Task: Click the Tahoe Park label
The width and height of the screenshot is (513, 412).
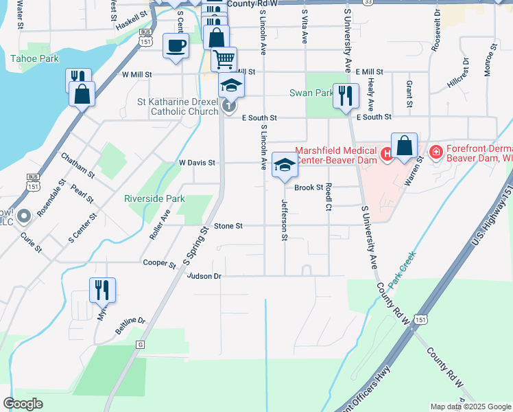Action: click(x=34, y=59)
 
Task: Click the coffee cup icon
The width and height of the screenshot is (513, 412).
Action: click(x=176, y=46)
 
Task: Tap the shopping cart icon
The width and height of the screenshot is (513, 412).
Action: click(x=224, y=59)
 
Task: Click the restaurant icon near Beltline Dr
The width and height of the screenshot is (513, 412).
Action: click(x=102, y=289)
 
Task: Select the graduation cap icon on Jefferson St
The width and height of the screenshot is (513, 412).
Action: click(x=285, y=165)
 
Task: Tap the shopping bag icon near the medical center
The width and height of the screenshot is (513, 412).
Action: click(x=404, y=146)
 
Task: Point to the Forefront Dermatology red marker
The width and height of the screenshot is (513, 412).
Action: click(x=435, y=151)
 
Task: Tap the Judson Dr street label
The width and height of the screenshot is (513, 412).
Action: click(x=204, y=276)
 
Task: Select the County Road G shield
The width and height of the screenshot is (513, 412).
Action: click(x=141, y=343)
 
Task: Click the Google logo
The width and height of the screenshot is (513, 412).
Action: click(x=23, y=404)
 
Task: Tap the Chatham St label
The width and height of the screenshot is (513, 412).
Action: click(x=77, y=165)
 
